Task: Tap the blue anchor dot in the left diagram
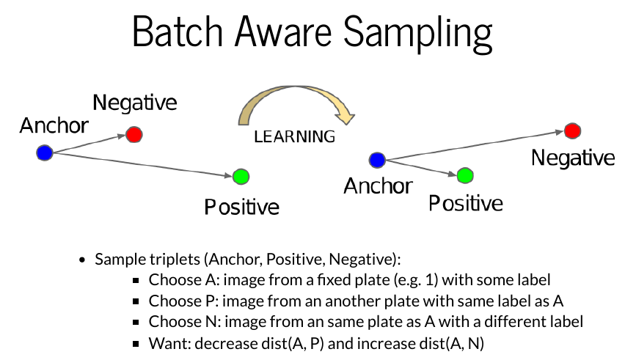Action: (45, 153)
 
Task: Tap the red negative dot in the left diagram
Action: (134, 135)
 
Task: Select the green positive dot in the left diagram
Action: (241, 177)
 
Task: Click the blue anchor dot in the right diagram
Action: (377, 160)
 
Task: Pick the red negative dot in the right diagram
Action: (572, 131)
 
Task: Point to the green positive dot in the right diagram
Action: (464, 176)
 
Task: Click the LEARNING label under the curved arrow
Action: (294, 136)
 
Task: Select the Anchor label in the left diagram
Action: (54, 125)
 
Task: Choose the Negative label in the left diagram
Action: (135, 103)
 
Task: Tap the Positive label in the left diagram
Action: (241, 207)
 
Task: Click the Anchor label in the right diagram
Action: (378, 186)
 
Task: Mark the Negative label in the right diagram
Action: (573, 158)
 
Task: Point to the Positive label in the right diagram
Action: (466, 203)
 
